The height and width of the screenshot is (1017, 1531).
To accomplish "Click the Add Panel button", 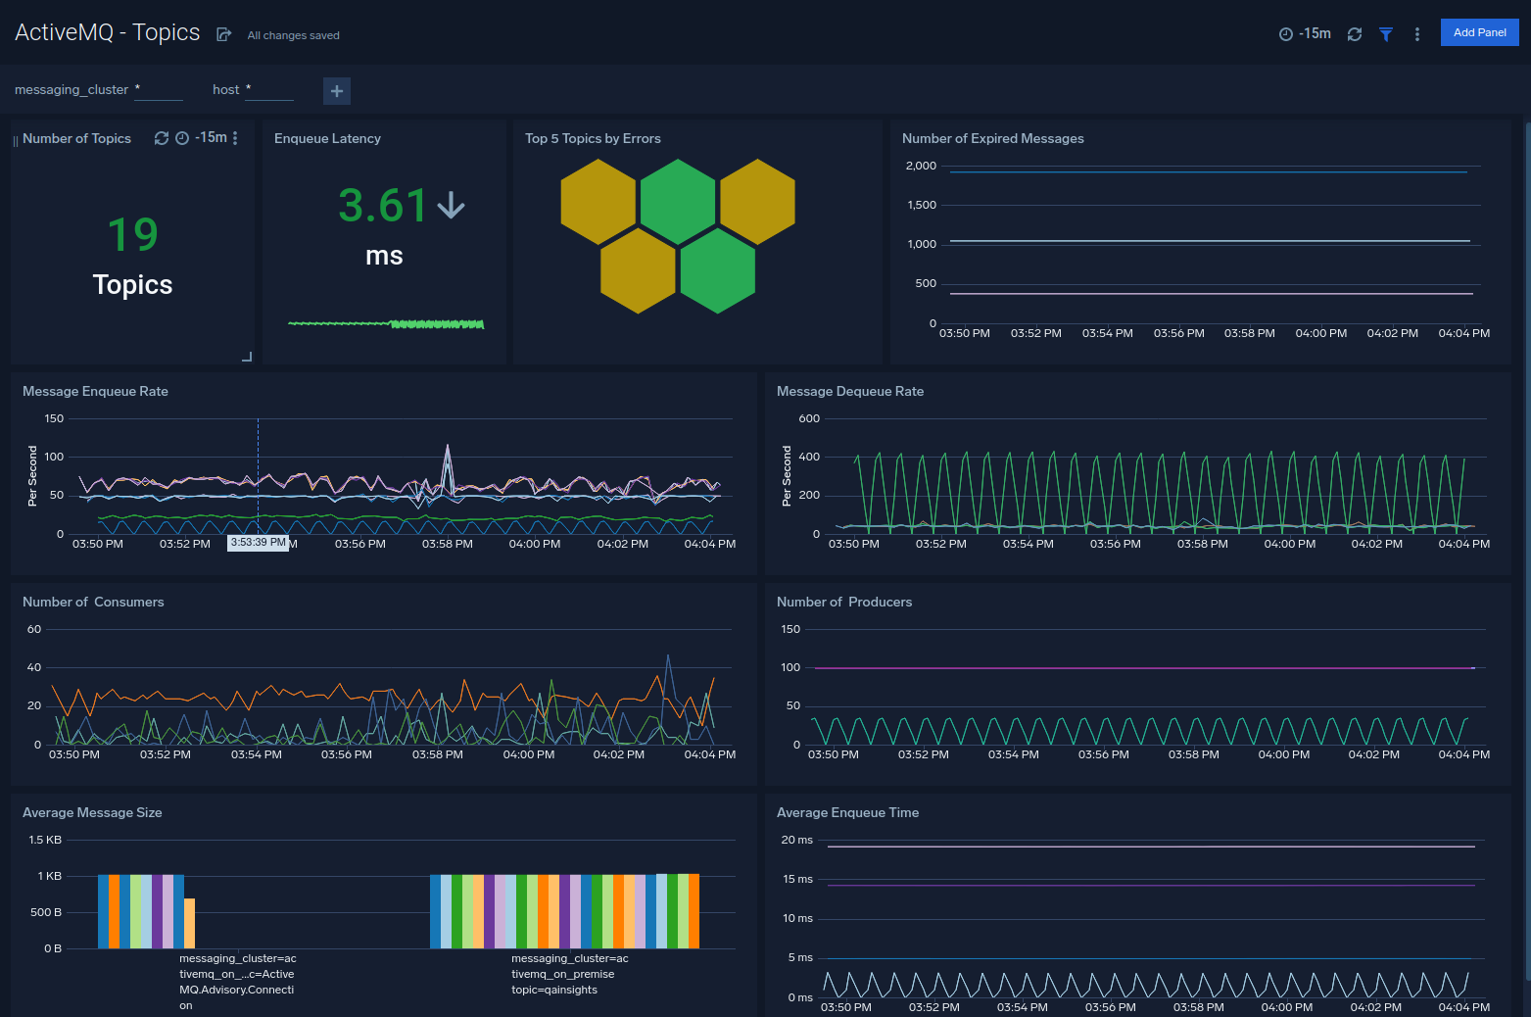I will [x=1479, y=32].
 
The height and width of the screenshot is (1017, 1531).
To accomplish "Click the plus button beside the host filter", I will [x=337, y=91].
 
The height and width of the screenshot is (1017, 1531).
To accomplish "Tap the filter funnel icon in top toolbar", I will [x=1386, y=34].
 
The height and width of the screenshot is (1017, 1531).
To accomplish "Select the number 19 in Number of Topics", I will [x=132, y=235].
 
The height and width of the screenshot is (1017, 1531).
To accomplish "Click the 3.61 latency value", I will [x=383, y=206].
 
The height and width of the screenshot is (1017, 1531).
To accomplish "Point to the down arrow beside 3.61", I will [x=451, y=205].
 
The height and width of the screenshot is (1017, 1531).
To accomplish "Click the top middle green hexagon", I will [x=678, y=201].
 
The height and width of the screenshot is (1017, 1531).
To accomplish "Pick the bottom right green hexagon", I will [x=717, y=271].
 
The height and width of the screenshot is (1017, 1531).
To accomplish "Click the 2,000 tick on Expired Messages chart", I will [x=921, y=166].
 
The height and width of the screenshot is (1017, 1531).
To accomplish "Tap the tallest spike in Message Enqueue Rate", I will [x=448, y=449].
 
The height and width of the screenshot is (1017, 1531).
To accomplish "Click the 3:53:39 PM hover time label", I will [x=259, y=543].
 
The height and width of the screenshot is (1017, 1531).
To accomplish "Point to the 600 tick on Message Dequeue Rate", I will [x=809, y=418].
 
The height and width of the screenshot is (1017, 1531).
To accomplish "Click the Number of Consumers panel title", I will [x=93, y=602].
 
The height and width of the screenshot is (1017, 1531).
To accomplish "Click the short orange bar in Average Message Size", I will [x=190, y=922].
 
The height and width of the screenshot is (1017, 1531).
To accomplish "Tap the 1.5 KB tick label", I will [x=45, y=840].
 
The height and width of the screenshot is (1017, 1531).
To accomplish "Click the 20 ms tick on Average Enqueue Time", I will [x=796, y=840].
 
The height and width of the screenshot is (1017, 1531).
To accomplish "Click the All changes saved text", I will [x=293, y=35].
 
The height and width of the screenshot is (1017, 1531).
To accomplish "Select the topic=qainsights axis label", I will [x=554, y=990].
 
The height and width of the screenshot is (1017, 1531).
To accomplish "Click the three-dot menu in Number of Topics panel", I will [x=235, y=138].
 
